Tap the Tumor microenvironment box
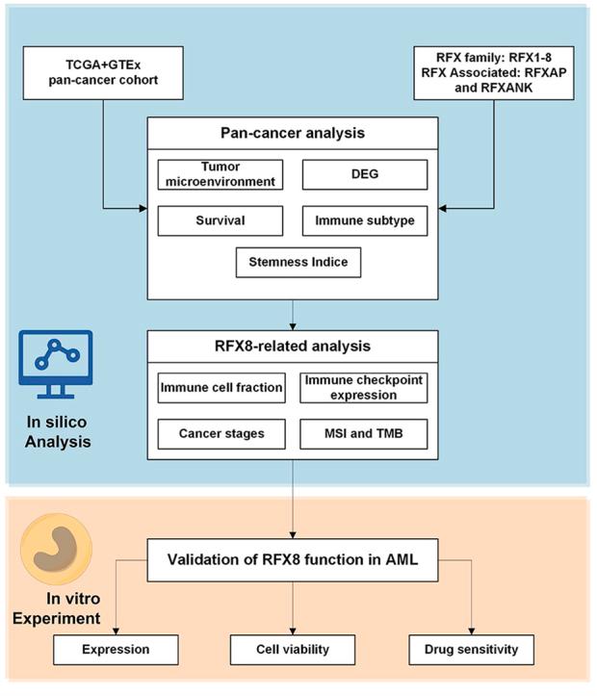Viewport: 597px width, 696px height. coord(221,175)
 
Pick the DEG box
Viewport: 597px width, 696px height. coord(364,174)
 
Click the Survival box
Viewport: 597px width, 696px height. coord(221,219)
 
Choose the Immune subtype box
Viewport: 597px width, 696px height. coord(364,219)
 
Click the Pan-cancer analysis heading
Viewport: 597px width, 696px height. coord(292,135)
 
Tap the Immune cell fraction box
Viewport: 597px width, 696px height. coord(221,388)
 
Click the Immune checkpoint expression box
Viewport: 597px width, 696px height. coord(364,388)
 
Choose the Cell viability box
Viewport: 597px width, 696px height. coord(292,649)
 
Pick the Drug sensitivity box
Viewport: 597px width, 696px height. coord(470,649)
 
